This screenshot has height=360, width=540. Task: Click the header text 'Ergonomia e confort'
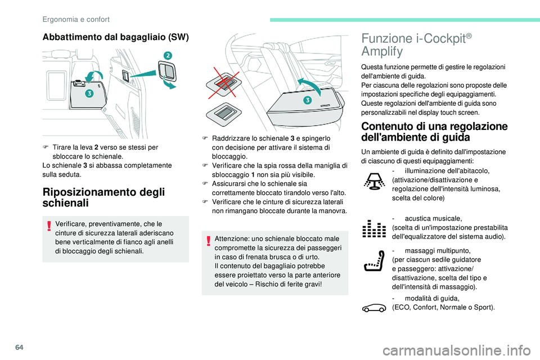pyautogui.click(x=76, y=19)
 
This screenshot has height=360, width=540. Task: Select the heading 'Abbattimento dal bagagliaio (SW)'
pyautogui.click(x=116, y=37)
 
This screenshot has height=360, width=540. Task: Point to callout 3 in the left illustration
pyautogui.click(x=89, y=94)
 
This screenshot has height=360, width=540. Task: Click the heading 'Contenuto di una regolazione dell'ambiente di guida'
pyautogui.click(x=434, y=131)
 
